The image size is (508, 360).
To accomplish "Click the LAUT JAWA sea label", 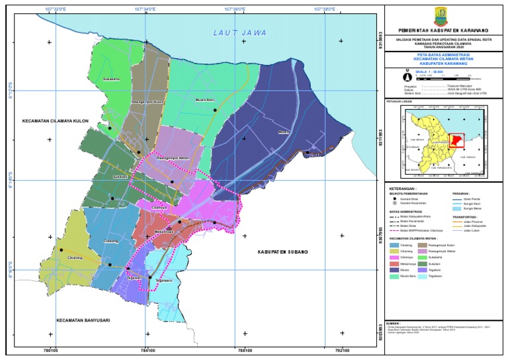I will click(239, 32).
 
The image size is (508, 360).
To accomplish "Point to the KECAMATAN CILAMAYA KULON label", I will click(56, 121).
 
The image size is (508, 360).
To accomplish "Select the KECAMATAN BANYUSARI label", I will click(83, 321).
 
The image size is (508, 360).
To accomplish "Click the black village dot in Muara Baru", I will click(215, 111).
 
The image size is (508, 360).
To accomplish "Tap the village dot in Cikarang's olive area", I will click(61, 250).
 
